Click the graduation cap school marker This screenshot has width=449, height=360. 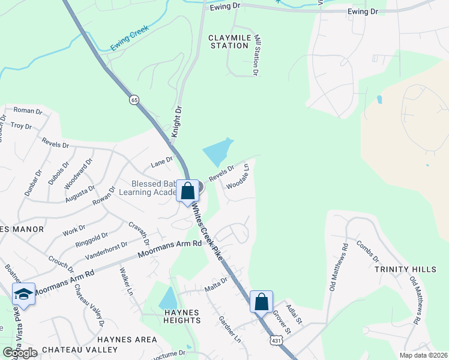pos(23,294)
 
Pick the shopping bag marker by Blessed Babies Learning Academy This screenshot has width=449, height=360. pos(188,192)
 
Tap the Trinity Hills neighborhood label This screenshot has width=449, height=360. pos(406,269)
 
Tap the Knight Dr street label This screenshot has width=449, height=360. pos(176,123)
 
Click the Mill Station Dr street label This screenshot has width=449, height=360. pos(256,55)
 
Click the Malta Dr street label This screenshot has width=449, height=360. pos(215,280)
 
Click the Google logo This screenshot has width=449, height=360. pos(20,352)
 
